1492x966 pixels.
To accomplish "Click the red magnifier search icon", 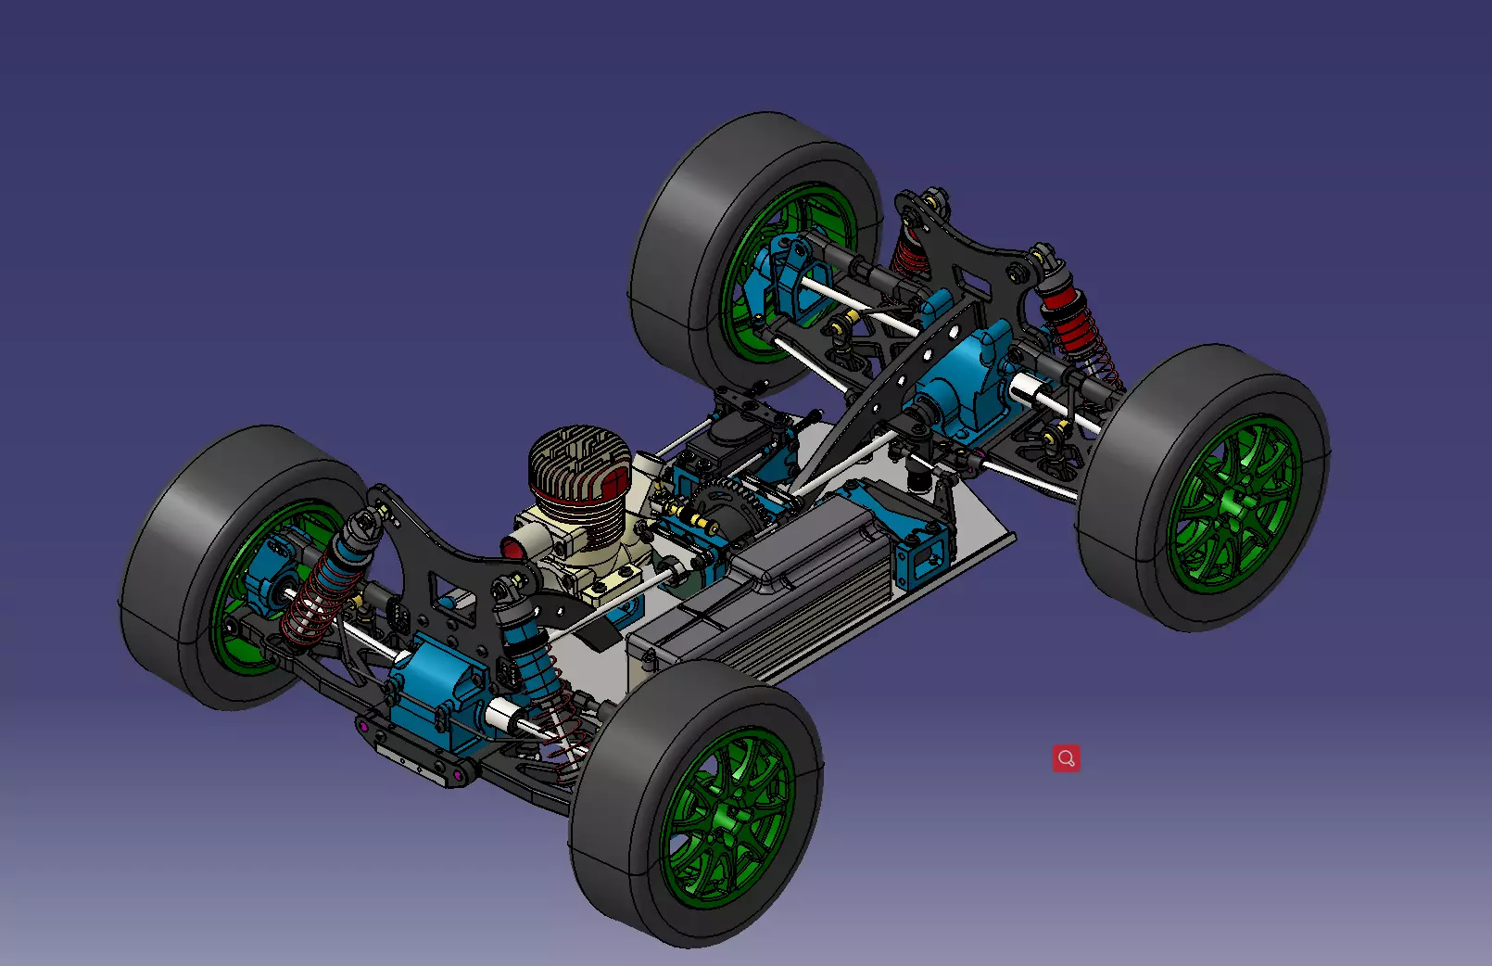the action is (x=1066, y=758).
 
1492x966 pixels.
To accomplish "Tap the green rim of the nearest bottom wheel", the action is (x=727, y=816).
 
